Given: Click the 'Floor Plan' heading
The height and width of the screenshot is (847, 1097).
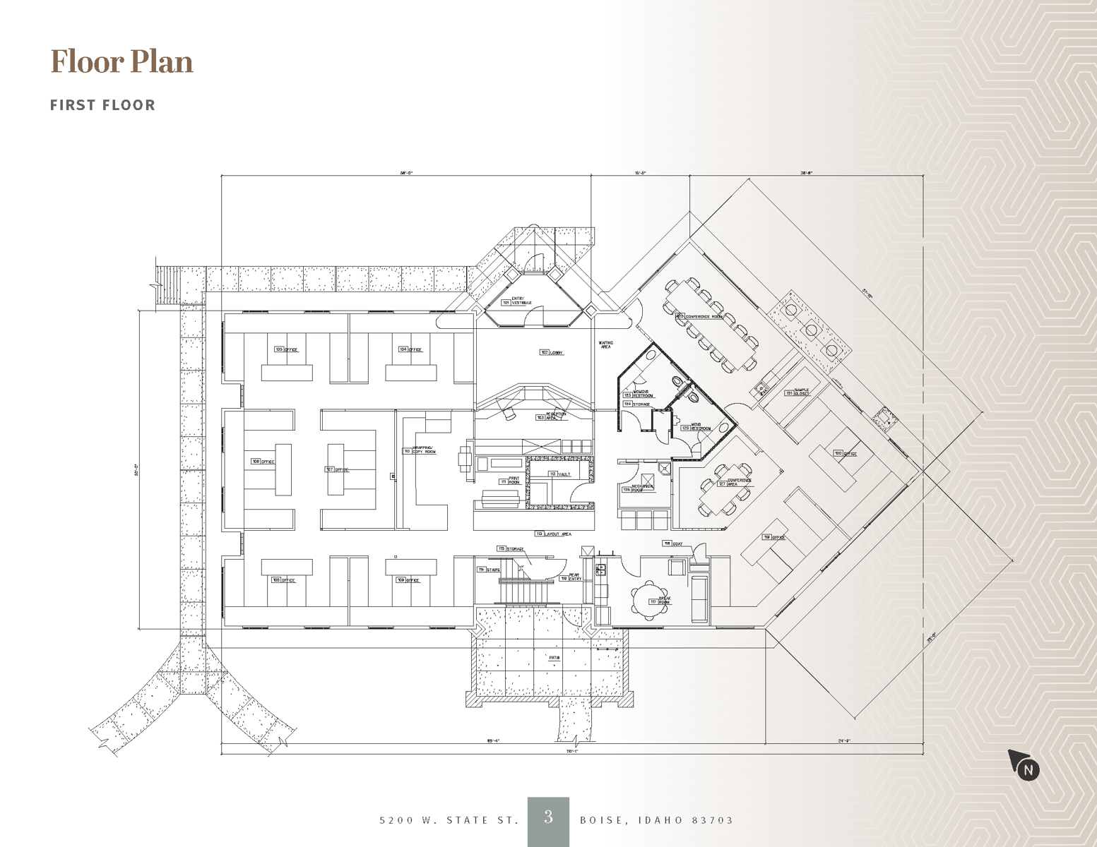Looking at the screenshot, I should tap(121, 61).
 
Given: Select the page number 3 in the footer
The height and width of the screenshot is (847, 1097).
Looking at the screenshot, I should tap(548, 818).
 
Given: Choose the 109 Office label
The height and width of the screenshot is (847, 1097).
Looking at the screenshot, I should tap(409, 580).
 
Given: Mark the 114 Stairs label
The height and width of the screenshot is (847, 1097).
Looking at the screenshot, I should tap(488, 569).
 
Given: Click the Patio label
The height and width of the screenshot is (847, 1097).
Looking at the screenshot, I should tap(555, 658).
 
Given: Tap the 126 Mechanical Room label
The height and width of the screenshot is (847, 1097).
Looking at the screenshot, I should tap(638, 488).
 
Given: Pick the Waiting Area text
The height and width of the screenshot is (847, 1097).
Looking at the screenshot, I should tap(605, 344).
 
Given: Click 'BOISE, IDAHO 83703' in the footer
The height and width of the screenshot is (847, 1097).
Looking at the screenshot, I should tap(656, 820).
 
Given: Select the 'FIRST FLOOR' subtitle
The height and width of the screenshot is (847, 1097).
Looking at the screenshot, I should tap(102, 105).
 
